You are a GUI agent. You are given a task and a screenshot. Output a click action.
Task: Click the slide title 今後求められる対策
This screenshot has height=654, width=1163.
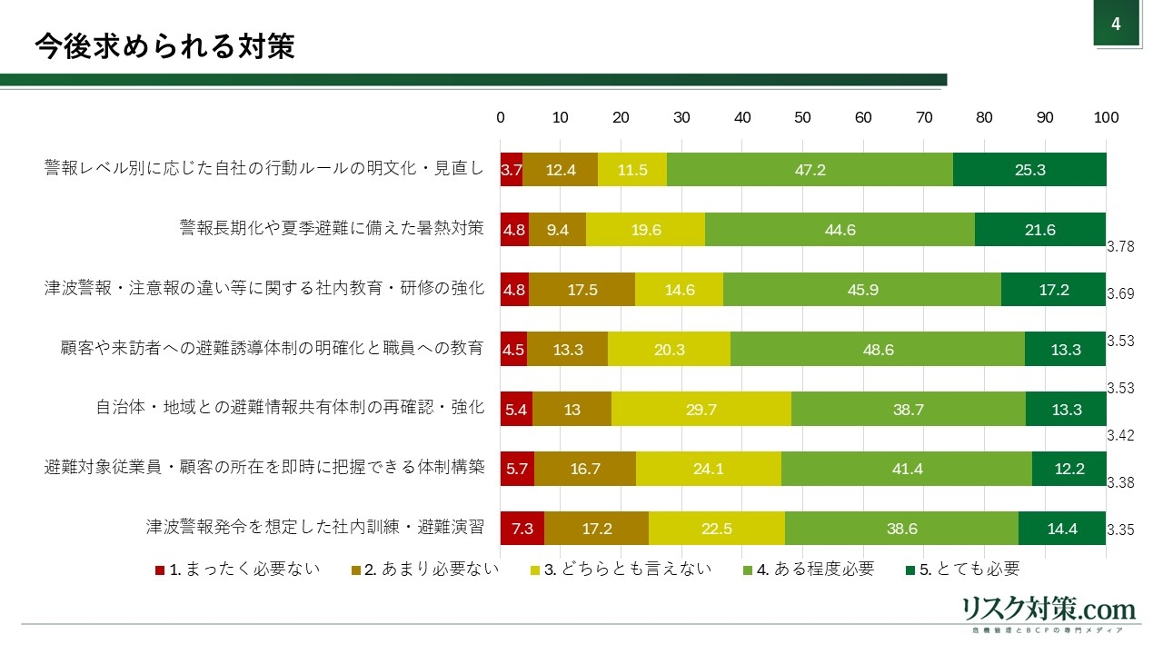164,46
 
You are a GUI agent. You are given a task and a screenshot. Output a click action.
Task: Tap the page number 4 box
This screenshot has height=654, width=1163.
1116,25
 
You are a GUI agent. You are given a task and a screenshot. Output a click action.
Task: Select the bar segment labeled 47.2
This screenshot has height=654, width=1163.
809,169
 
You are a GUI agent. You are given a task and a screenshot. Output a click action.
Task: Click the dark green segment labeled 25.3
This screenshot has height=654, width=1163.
1029,169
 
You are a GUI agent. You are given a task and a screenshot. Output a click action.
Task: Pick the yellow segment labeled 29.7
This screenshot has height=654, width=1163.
701,410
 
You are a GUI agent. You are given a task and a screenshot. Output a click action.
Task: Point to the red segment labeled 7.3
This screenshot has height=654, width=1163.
522,529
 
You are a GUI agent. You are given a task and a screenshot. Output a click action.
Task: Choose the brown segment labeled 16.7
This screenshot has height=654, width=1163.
584,469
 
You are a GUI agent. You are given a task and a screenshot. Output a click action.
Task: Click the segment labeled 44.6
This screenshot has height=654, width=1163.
840,230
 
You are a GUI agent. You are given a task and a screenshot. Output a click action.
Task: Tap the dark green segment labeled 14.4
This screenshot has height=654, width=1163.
1061,529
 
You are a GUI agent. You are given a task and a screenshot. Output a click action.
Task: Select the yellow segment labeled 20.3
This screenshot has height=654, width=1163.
668,350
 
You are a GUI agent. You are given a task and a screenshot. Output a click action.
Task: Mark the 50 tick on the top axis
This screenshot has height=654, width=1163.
802,117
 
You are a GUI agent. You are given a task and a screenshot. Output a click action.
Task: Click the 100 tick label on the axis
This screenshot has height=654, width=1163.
1106,117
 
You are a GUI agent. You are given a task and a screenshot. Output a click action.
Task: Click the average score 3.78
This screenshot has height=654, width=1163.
1120,247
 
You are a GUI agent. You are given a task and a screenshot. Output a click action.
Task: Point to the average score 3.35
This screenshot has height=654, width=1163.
1120,530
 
